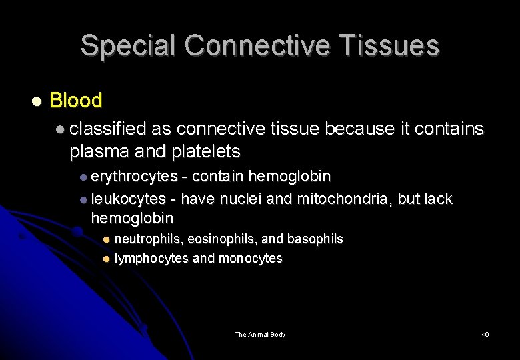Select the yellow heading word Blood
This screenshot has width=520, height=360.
coord(76,101)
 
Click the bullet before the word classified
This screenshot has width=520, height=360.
coord(61,129)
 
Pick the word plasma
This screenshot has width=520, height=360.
coord(99,151)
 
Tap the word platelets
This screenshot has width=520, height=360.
coord(204,151)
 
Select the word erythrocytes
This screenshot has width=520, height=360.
coord(134,176)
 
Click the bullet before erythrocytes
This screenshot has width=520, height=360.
coord(83,177)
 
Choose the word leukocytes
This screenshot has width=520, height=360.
coord(128,199)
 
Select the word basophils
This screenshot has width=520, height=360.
coord(315,239)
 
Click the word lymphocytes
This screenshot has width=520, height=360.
coord(151,258)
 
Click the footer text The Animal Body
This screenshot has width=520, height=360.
coord(260,334)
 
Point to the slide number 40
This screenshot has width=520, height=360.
coord(485,334)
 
